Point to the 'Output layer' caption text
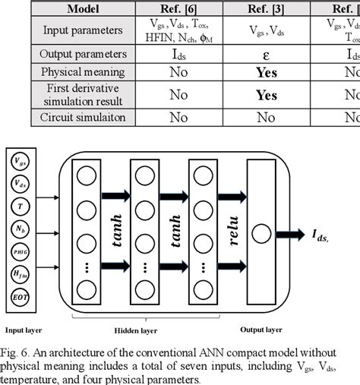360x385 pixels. [x=261, y=330]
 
